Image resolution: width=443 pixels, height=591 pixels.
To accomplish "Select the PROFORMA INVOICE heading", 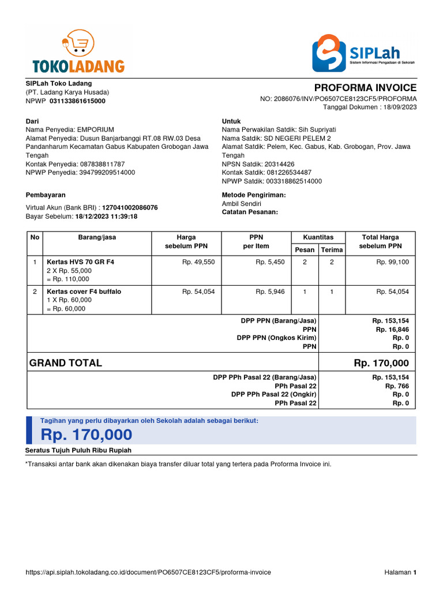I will (x=365, y=88).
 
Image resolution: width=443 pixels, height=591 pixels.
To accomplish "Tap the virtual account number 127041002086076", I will (x=130, y=208).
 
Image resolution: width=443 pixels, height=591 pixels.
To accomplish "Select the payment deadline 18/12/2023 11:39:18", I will (x=106, y=216).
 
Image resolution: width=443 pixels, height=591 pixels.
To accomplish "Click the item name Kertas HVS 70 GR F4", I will (x=80, y=262).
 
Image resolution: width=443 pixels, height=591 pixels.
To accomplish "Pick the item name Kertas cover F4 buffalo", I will (x=84, y=292).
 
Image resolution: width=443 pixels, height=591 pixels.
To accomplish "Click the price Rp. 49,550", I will (x=198, y=262).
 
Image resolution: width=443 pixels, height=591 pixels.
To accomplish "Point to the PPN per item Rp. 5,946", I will (x=270, y=292).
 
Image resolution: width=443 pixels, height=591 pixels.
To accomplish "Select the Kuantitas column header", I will (x=318, y=237).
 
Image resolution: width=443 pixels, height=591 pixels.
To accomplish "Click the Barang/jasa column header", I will (x=97, y=237).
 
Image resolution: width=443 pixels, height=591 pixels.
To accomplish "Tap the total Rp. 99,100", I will (x=392, y=262).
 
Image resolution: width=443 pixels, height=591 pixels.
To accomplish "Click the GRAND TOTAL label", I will (x=66, y=363).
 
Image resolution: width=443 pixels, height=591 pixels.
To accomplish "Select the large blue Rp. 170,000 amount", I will (x=87, y=435).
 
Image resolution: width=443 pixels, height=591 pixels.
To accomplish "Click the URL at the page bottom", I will (x=148, y=573).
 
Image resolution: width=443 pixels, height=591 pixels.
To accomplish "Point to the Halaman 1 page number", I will (x=400, y=573).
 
